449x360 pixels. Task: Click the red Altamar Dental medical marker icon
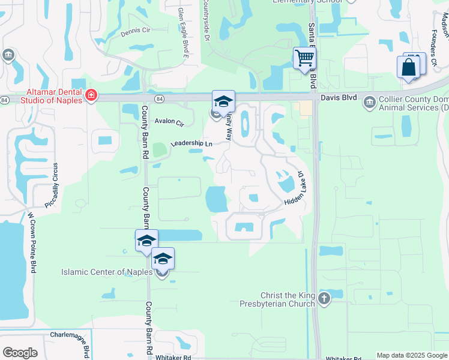click(91, 95)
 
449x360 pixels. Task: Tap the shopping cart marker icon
click(304, 58)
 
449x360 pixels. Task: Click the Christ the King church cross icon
click(324, 299)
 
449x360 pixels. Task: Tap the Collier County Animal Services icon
click(369, 103)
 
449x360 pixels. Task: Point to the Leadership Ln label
click(191, 143)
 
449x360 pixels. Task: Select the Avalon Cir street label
click(169, 122)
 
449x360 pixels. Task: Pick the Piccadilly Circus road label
click(56, 185)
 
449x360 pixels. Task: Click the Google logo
click(20, 352)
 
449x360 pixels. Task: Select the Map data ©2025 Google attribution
click(411, 355)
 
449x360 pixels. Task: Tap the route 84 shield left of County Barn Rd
click(157, 98)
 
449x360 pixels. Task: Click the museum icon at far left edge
click(8, 56)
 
